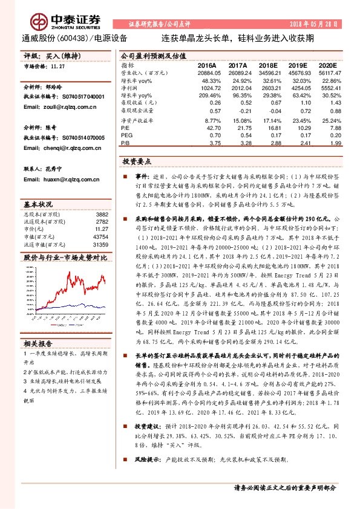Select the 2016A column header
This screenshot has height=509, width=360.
pyautogui.click(x=207, y=65)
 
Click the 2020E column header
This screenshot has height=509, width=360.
pyautogui.click(x=327, y=65)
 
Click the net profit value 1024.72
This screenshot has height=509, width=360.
pyautogui.click(x=207, y=88)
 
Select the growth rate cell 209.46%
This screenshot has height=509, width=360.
pyautogui.click(x=206, y=96)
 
